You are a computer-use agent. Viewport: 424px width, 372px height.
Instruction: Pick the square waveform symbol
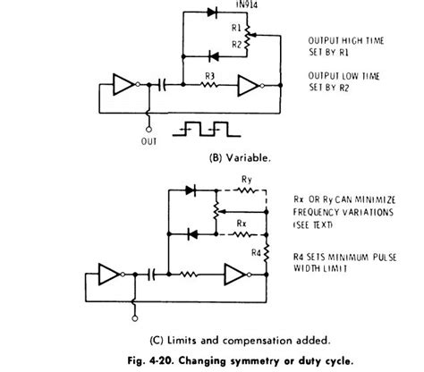point(205,127)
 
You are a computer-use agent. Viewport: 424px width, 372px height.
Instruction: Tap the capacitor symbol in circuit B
point(162,87)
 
